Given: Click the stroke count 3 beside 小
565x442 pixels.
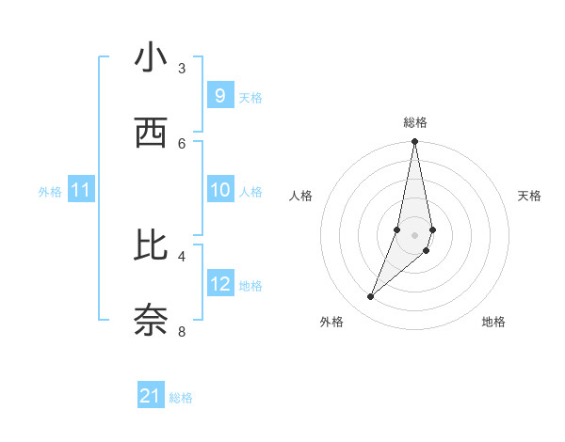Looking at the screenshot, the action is pos(182,68).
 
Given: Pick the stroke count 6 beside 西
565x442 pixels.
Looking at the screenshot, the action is pos(182,143).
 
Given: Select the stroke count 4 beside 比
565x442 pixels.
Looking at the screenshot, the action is pos(182,256).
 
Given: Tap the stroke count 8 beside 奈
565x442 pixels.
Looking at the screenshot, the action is pos(182,331).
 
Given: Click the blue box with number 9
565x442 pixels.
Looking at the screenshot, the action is pos(219,95).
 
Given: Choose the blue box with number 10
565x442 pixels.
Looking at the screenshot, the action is pos(219,190).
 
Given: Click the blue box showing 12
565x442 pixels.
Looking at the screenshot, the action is pos(219,284).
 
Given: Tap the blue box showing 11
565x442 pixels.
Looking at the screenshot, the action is pos(81,190).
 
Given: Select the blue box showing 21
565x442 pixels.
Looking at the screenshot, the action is pos(151,396).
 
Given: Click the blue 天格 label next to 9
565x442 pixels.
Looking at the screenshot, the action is pos(250,97).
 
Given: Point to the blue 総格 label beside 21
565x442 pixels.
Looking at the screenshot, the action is pos(181,398).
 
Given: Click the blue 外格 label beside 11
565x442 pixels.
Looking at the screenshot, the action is pos(50,192).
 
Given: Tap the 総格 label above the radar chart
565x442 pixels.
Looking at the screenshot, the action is pos(415,122).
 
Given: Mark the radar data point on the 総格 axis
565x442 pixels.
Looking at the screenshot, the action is pos(414,142).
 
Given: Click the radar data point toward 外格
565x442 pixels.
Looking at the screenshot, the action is pos(370,297).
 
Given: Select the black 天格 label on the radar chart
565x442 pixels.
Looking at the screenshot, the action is pos(529,196).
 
